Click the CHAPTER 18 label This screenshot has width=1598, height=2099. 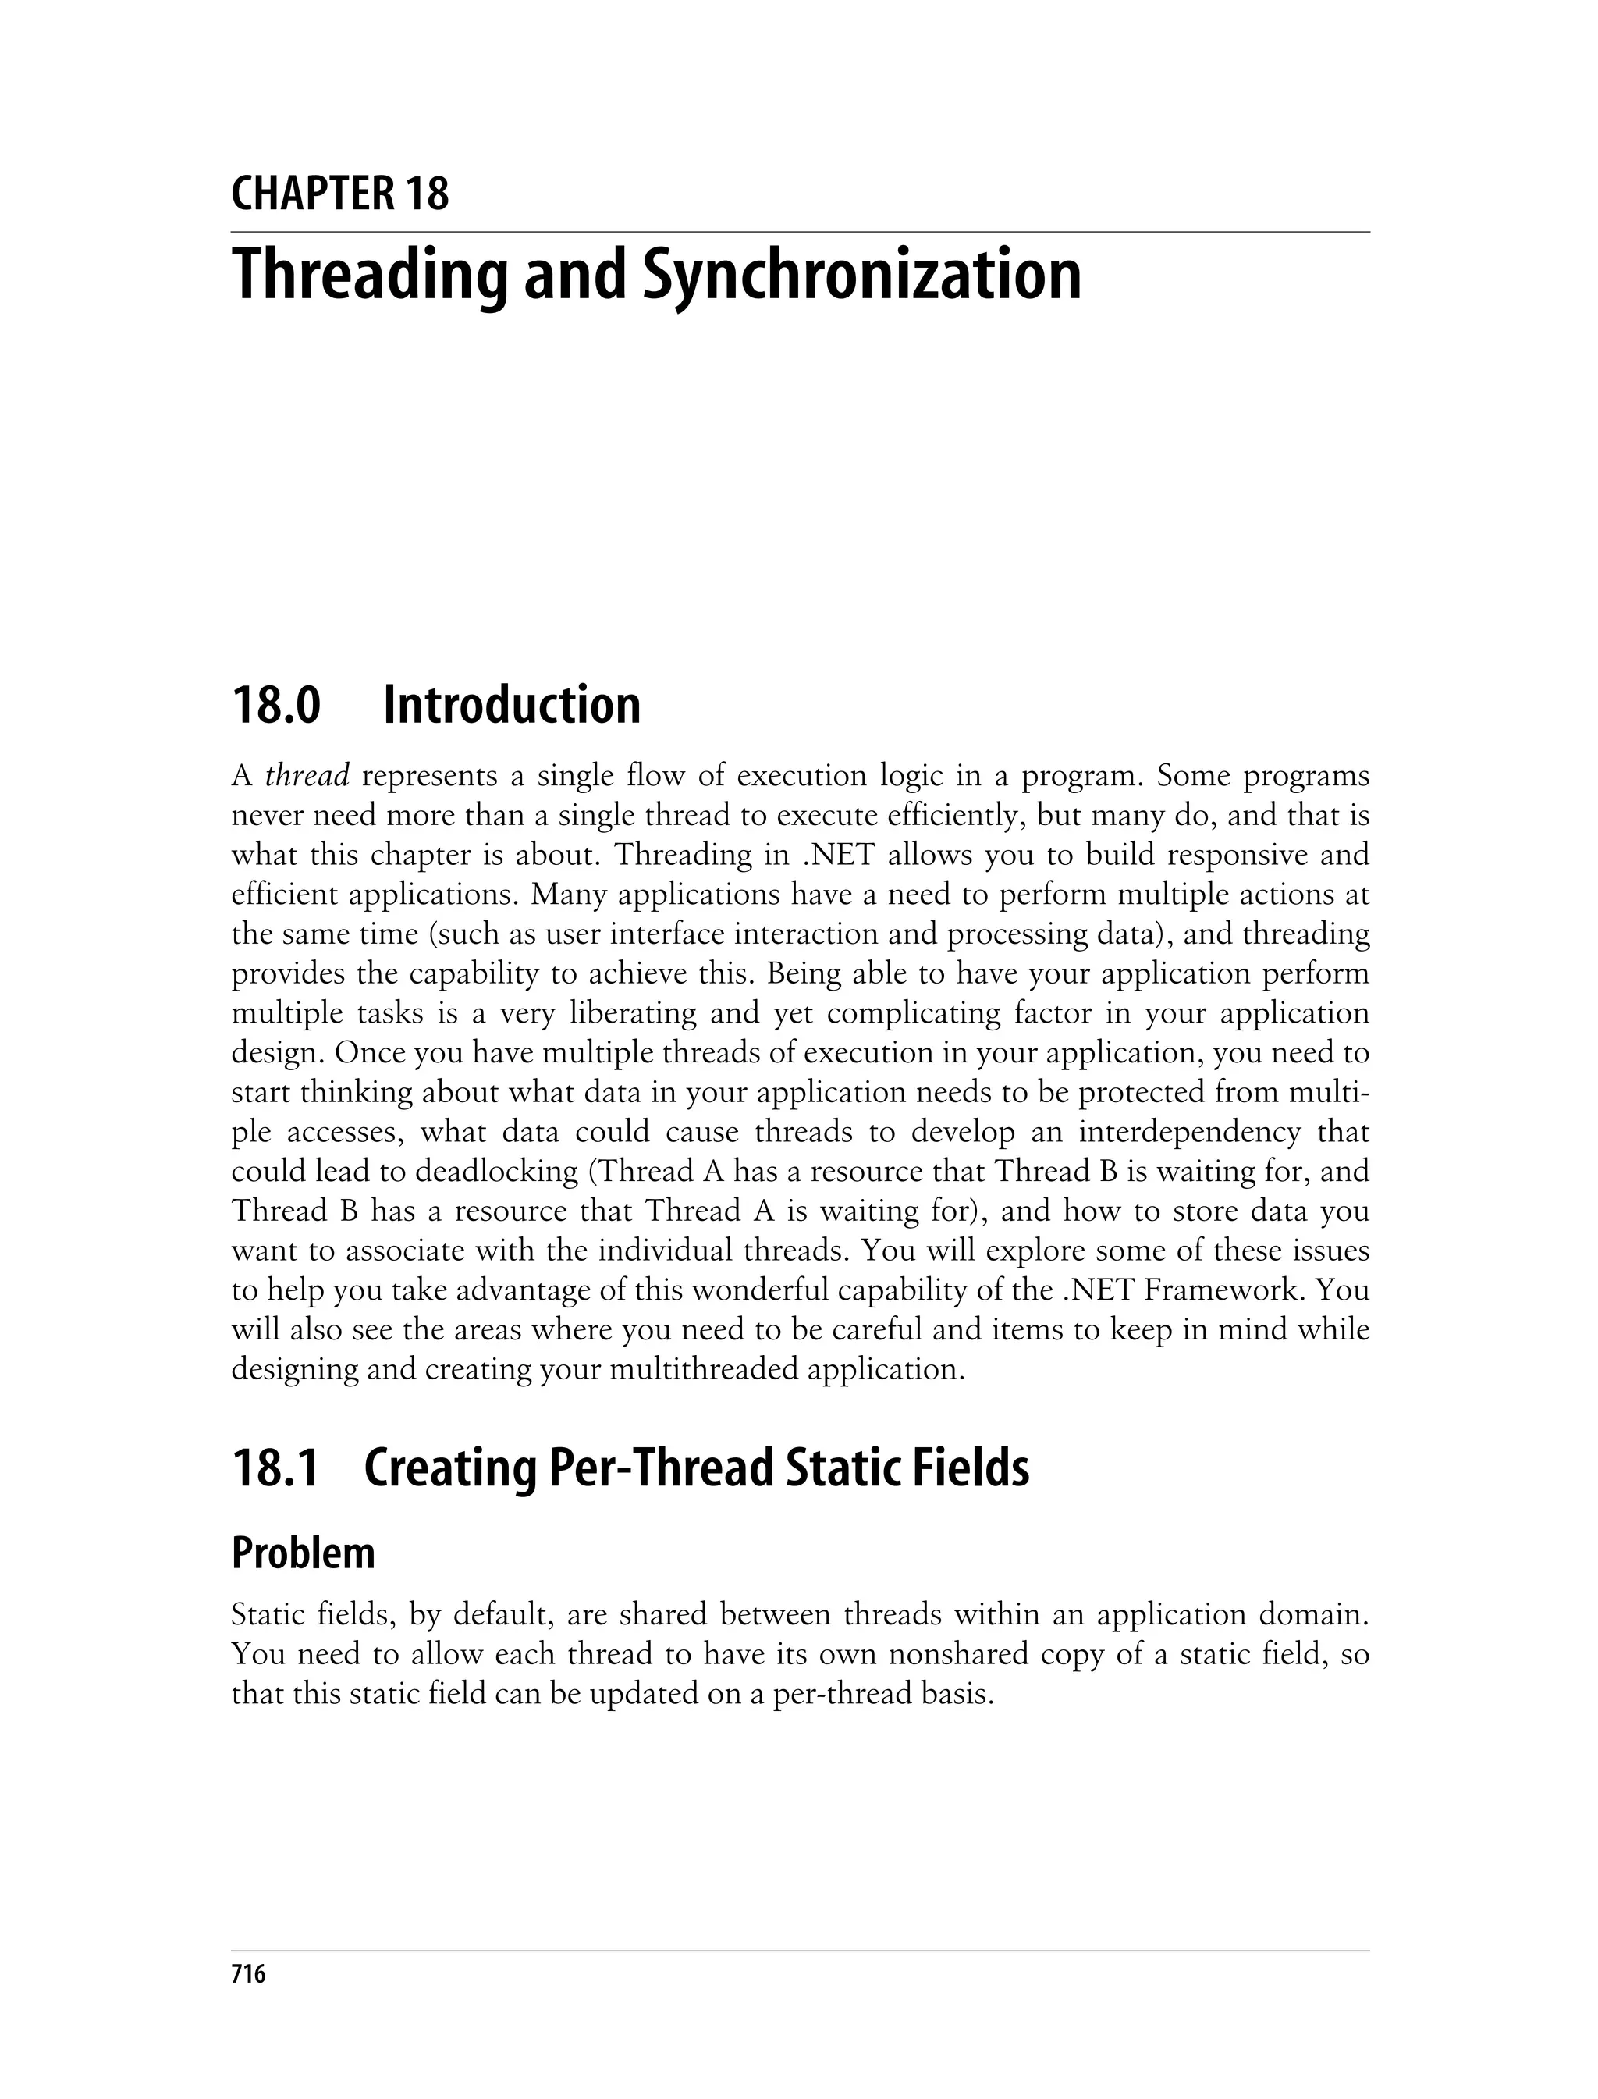click(x=339, y=194)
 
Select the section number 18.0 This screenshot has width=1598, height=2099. click(x=276, y=705)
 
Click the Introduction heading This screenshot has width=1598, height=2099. click(x=512, y=705)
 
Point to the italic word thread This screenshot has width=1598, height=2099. click(x=307, y=777)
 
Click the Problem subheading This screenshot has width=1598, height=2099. click(x=304, y=1553)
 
